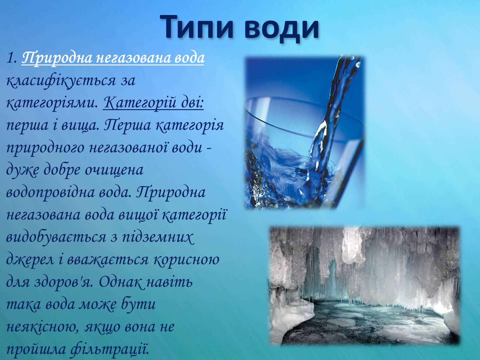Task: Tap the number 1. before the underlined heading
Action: click(x=12, y=58)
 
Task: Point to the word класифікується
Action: click(x=61, y=81)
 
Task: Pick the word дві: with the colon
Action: click(x=192, y=103)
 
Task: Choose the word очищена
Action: click(x=114, y=170)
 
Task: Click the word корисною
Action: click(x=186, y=260)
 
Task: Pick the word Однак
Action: click(x=121, y=282)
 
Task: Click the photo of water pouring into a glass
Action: click(x=304, y=132)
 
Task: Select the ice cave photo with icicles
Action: click(x=364, y=286)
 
